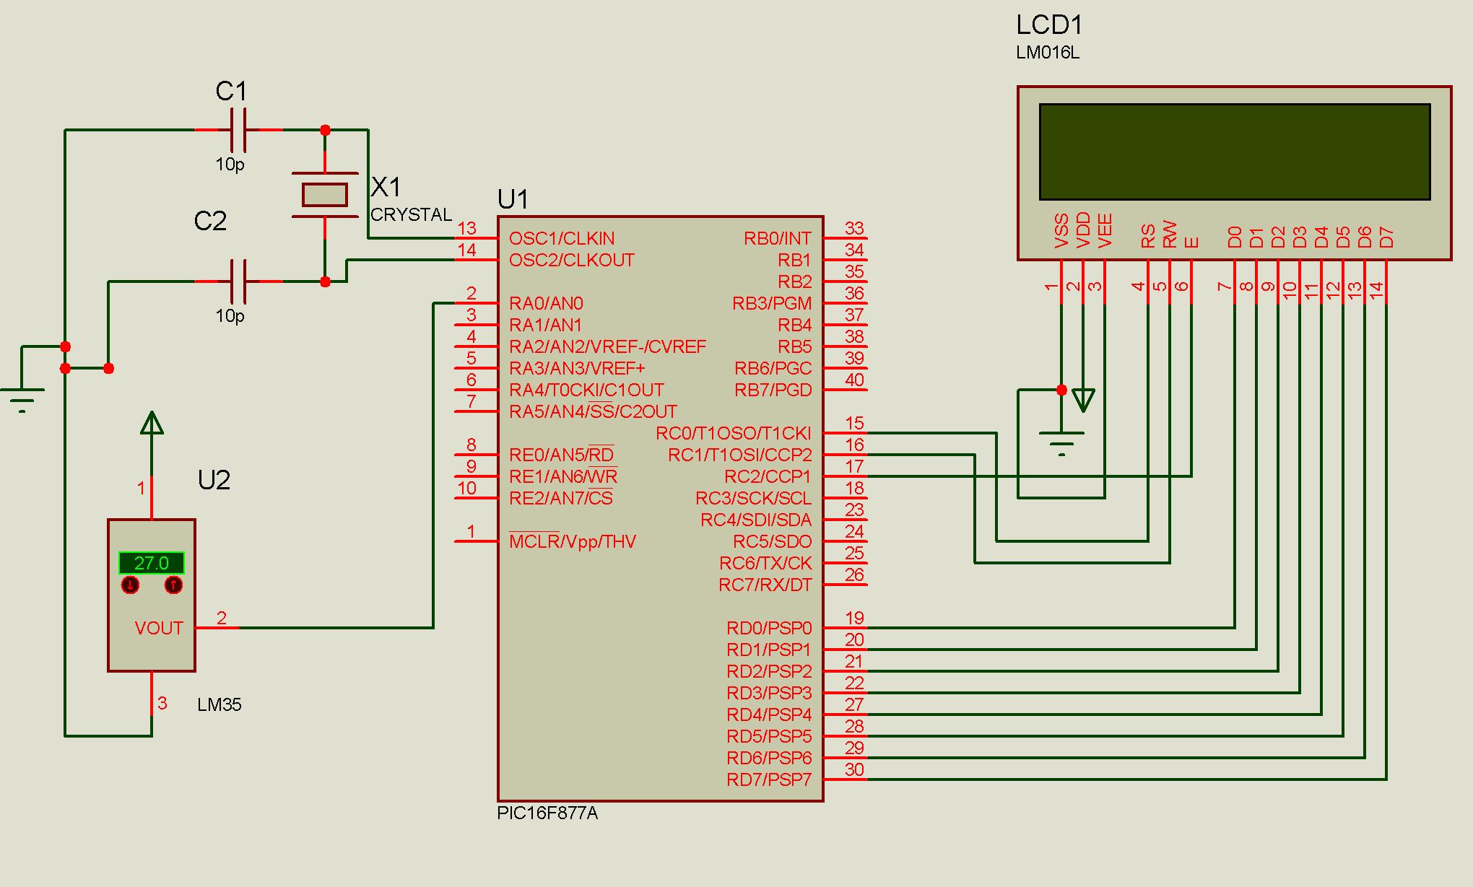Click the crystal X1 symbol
pyautogui.click(x=325, y=195)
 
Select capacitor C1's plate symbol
pyautogui.click(x=238, y=130)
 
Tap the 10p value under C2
pyautogui.click(x=230, y=316)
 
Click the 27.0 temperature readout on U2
pyautogui.click(x=152, y=563)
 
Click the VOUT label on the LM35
pyautogui.click(x=159, y=628)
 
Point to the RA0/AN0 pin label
pyautogui.click(x=546, y=303)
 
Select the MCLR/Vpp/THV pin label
pyautogui.click(x=573, y=541)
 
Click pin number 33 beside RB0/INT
pyautogui.click(x=854, y=228)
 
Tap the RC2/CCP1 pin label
pyautogui.click(x=768, y=476)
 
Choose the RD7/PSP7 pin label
pyautogui.click(x=769, y=779)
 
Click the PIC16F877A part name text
pyautogui.click(x=547, y=813)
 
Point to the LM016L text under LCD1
pyautogui.click(x=1047, y=53)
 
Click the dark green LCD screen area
pyautogui.click(x=1235, y=152)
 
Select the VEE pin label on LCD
pyautogui.click(x=1105, y=231)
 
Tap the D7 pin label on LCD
pyautogui.click(x=1386, y=237)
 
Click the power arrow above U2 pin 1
pyautogui.click(x=152, y=423)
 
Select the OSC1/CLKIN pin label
pyautogui.click(x=562, y=238)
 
